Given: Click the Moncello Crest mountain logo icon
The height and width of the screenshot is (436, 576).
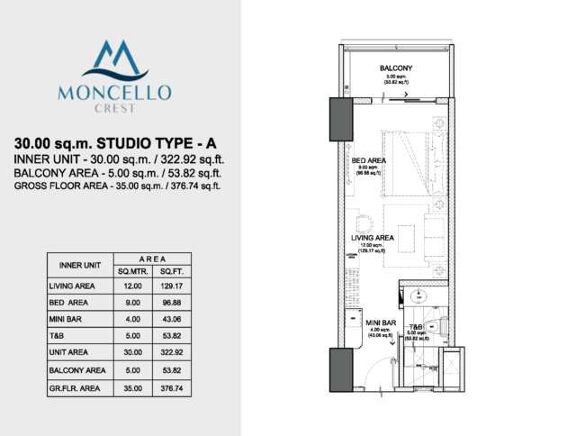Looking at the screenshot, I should pos(120,60).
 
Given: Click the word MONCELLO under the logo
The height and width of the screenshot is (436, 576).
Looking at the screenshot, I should pos(120,91).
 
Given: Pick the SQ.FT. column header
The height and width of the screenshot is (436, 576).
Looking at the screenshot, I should pos(171,271).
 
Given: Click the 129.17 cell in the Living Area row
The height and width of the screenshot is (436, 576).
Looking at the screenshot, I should pos(171,286).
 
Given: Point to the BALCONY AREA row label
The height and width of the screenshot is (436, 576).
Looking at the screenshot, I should pos(77,370).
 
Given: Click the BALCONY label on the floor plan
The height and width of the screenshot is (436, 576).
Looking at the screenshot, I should pos(396,69).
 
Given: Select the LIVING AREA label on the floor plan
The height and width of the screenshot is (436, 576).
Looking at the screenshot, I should pos(373,239).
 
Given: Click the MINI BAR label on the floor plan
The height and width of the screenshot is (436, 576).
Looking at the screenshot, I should pos(382,322).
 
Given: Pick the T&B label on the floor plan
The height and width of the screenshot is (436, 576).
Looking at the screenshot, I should pos(417,327).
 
